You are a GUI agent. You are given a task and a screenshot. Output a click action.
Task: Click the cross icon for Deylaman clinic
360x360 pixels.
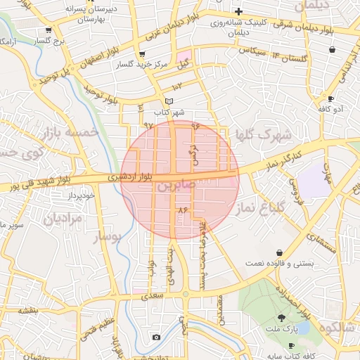(239, 11)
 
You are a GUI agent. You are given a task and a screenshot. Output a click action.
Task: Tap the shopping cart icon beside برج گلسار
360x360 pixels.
(48, 30)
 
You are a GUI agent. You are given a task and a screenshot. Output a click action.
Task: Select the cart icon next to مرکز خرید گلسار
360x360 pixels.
(143, 54)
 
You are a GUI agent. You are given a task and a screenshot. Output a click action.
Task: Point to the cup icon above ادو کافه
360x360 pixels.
(330, 98)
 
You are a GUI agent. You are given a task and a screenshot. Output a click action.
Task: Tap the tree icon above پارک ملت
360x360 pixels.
(282, 318)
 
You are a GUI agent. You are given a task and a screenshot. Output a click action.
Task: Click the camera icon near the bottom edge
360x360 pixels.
(156, 337)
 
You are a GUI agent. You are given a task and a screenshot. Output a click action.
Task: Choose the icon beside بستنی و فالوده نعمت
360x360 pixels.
(280, 252)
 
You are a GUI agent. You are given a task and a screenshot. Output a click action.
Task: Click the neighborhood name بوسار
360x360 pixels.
(108, 237)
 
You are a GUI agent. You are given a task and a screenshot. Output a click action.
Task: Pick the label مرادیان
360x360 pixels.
(63, 218)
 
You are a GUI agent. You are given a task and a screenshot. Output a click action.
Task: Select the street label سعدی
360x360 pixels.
(153, 296)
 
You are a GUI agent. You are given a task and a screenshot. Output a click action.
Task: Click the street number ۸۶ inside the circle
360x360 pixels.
(184, 210)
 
